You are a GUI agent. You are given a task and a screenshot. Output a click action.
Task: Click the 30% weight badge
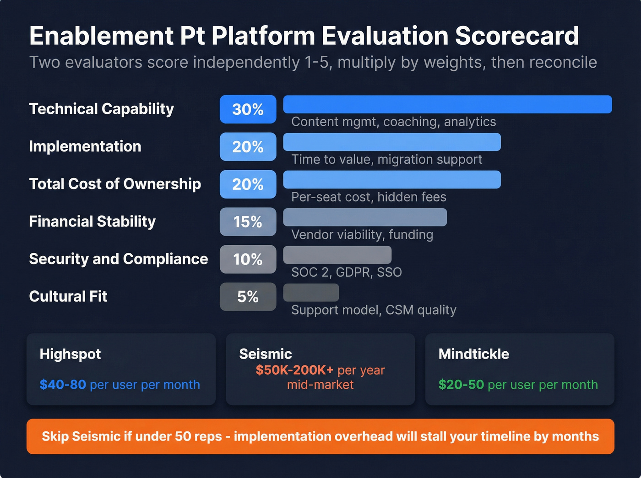click(248, 109)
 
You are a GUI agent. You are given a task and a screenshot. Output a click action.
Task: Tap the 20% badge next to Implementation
click(248, 147)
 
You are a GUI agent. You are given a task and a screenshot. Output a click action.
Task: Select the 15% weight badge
click(248, 222)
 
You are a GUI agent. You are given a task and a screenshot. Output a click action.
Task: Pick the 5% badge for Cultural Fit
click(248, 297)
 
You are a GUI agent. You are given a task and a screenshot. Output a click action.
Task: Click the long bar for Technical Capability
click(447, 104)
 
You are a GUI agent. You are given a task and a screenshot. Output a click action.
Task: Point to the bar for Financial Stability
click(365, 217)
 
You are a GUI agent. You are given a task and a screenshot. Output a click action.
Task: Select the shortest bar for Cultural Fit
click(311, 292)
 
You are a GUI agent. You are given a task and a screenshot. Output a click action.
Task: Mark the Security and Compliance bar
click(337, 255)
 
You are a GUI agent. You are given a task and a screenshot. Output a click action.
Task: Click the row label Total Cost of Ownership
click(115, 184)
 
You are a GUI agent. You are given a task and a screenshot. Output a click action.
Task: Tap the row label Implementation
click(85, 146)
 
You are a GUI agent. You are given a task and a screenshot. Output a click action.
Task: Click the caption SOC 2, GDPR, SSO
click(346, 272)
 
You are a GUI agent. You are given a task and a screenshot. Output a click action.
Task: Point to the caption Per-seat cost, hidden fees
click(369, 197)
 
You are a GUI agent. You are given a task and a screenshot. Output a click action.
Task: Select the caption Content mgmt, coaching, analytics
click(393, 122)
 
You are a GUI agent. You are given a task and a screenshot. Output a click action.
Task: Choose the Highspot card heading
click(70, 354)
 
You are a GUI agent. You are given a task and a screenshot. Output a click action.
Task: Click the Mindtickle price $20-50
click(461, 385)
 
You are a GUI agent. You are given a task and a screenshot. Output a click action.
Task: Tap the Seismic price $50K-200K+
click(294, 370)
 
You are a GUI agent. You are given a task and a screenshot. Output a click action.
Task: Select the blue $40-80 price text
click(63, 385)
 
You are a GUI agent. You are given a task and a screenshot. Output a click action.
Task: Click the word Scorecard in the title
click(517, 36)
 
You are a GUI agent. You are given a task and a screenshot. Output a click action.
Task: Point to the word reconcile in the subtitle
click(544, 62)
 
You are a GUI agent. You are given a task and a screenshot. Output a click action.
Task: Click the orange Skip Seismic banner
click(320, 436)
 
